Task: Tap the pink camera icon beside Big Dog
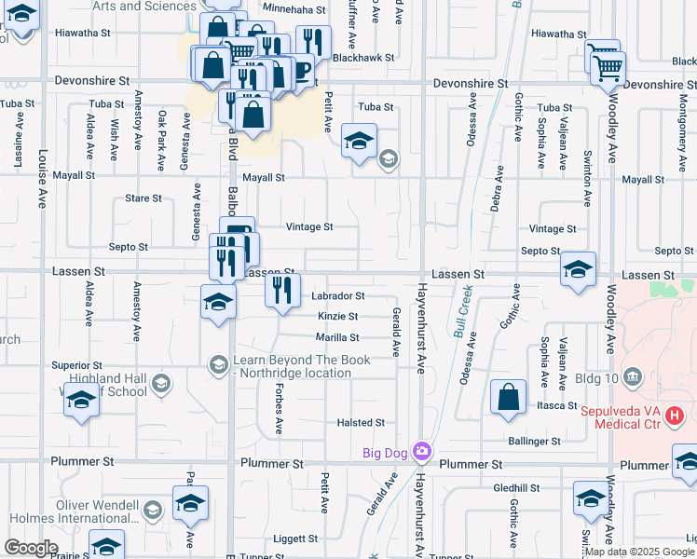point(421,452)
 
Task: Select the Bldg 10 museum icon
point(634,376)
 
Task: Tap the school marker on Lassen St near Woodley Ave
point(579,271)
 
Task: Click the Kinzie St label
point(337,317)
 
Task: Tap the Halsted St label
point(361,422)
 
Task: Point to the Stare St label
point(143,198)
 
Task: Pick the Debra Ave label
point(499,188)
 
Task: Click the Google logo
point(31,548)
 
